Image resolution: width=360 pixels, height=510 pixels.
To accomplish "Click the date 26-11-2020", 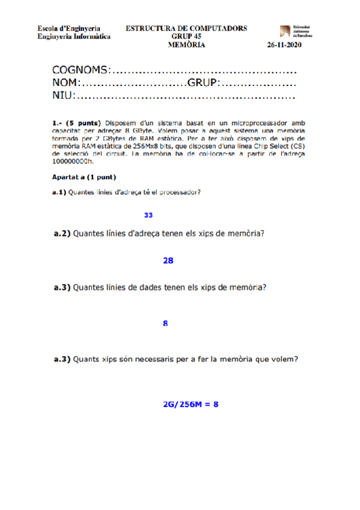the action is (x=284, y=45).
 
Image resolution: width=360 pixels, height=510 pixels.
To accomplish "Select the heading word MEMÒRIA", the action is (x=186, y=45).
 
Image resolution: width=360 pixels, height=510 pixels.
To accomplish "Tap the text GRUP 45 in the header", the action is (x=186, y=37).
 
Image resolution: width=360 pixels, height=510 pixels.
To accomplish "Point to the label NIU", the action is (x=63, y=96).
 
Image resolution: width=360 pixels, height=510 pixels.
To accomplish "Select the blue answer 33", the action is (x=148, y=215).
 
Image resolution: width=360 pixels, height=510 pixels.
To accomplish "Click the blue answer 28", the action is (x=168, y=260).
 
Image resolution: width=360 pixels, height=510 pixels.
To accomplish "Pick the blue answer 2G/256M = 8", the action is (x=189, y=404).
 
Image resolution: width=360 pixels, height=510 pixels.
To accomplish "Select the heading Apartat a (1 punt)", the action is (x=84, y=177).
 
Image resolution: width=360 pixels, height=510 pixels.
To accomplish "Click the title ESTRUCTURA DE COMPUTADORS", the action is (x=186, y=28).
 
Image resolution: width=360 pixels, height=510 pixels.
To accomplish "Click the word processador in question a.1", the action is (x=178, y=192).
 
